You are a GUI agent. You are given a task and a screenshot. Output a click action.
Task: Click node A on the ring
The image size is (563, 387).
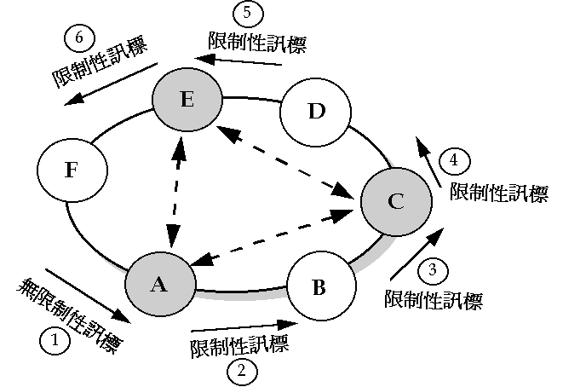(x=159, y=284)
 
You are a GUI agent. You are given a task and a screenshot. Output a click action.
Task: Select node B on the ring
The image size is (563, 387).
(x=319, y=286)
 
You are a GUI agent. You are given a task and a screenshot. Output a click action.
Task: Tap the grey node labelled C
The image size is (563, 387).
(x=394, y=201)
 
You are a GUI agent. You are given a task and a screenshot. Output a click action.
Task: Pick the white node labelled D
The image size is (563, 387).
(x=315, y=113)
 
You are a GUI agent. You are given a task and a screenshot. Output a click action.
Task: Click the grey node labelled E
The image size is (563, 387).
(x=187, y=100)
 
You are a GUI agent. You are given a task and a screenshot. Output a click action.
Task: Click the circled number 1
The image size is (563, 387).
(x=55, y=342)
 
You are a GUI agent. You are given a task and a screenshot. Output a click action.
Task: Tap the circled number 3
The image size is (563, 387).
(x=433, y=271)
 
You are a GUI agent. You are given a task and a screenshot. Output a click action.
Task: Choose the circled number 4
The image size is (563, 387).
(x=454, y=159)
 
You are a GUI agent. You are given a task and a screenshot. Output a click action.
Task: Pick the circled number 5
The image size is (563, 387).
(x=248, y=14)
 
